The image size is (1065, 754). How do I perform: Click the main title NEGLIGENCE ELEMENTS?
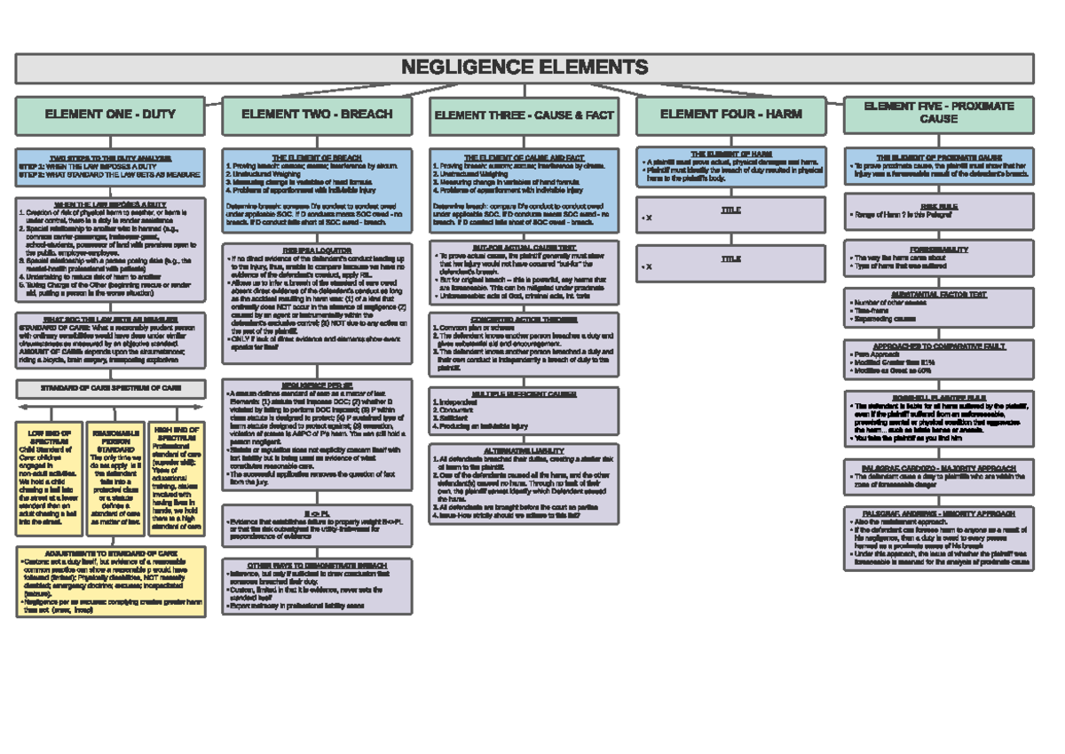pyautogui.click(x=525, y=67)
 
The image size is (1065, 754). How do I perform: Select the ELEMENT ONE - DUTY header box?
pyautogui.click(x=110, y=115)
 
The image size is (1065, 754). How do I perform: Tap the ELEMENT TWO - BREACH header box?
pyautogui.click(x=317, y=115)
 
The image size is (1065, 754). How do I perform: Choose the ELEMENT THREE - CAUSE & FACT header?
pyautogui.click(x=524, y=115)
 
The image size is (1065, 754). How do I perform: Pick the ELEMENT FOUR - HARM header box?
pyautogui.click(x=730, y=115)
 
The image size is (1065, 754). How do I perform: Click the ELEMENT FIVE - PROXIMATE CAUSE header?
pyautogui.click(x=938, y=113)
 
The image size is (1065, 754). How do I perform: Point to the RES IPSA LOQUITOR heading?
pyautogui.click(x=317, y=250)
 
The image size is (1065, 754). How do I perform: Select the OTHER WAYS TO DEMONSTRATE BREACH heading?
pyautogui.click(x=317, y=565)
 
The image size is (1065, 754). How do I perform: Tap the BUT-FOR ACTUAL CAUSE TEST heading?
pyautogui.click(x=524, y=246)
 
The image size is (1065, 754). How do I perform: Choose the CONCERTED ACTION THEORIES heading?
pyautogui.click(x=524, y=319)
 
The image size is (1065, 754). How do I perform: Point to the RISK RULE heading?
pyautogui.click(x=938, y=204)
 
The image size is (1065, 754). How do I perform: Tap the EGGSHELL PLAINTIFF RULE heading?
pyautogui.click(x=938, y=398)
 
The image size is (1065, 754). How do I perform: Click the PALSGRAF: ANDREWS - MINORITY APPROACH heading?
pyautogui.click(x=938, y=512)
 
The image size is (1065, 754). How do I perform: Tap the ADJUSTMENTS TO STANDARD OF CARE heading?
pyautogui.click(x=110, y=552)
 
